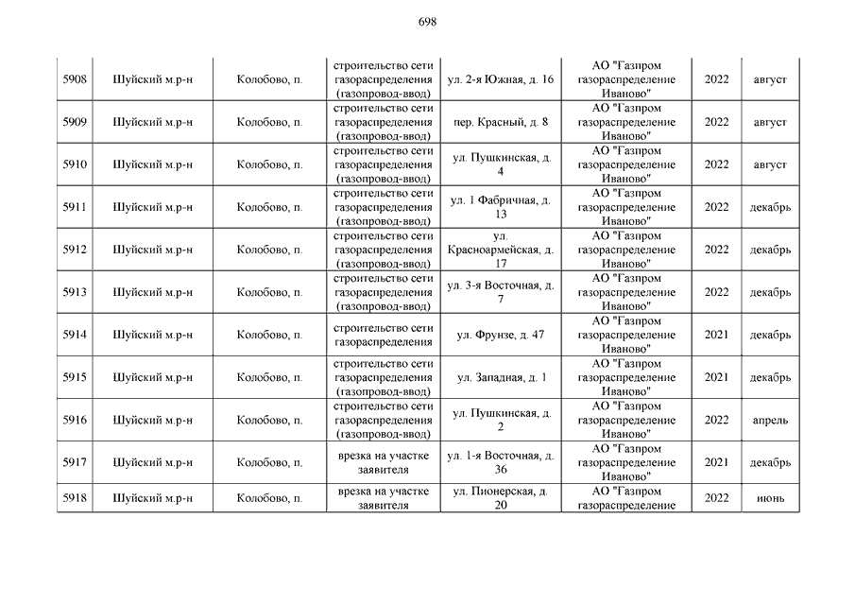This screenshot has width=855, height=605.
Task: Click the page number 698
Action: click(427, 22)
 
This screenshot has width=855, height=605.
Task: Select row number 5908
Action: click(75, 79)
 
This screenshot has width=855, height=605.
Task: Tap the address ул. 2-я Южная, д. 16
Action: click(500, 79)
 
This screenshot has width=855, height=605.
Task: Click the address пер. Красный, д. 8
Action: click(500, 122)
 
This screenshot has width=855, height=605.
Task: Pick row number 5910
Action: click(75, 164)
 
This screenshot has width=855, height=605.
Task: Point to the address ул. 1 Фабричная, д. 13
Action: click(500, 207)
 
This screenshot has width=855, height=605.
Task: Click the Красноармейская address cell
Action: click(500, 250)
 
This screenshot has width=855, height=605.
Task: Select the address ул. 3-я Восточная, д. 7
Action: click(500, 292)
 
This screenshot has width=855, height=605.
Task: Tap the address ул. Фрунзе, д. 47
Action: click(500, 335)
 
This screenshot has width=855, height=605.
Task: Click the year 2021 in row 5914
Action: click(716, 335)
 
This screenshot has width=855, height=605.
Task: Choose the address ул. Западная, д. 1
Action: click(500, 377)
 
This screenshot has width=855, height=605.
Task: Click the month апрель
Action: click(770, 420)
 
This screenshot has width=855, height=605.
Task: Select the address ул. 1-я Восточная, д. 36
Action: click(500, 462)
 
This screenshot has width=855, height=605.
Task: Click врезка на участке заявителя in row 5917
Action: click(384, 462)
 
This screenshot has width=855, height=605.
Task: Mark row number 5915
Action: click(75, 377)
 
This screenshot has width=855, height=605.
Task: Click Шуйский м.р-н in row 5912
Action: click(152, 250)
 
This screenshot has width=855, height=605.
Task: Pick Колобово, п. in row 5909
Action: click(269, 122)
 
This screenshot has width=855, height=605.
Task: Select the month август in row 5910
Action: click(770, 164)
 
